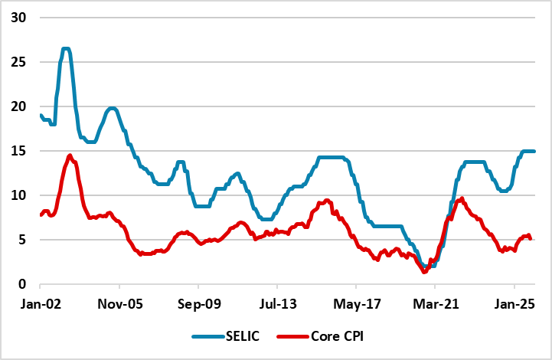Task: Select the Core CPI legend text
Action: tap(339, 337)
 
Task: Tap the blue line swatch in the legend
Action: tap(207, 337)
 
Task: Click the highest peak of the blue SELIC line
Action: tap(66, 49)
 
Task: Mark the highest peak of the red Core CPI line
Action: tap(70, 155)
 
